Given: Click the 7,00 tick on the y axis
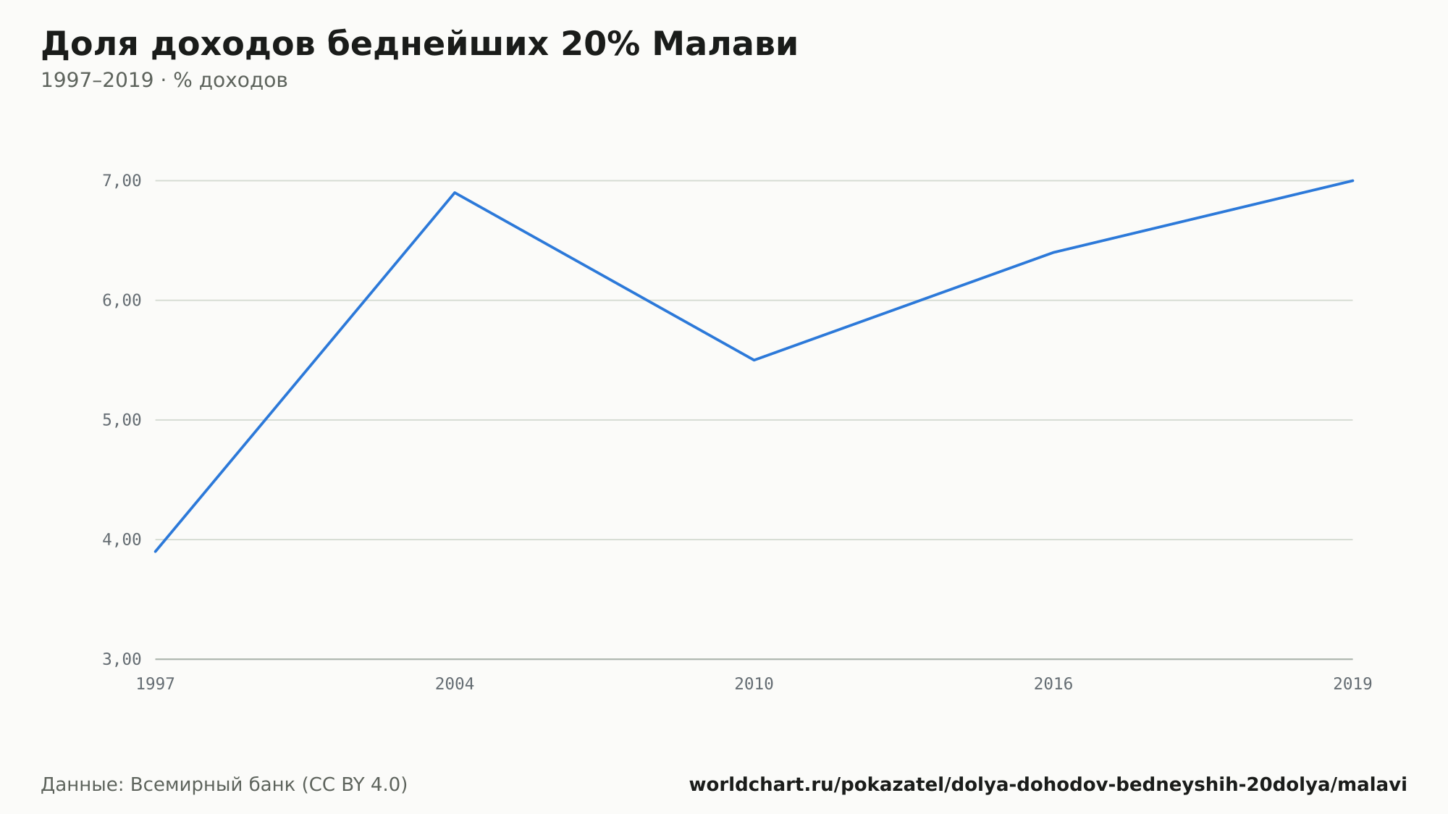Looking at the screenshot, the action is [x=122, y=181].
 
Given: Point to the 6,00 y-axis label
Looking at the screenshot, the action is [x=122, y=301].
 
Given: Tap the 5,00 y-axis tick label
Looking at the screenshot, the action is [x=122, y=420].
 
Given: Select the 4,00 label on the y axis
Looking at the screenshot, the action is [x=122, y=540].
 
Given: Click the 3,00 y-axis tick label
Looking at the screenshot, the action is [x=122, y=659].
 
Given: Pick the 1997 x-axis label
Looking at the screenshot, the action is [x=156, y=684].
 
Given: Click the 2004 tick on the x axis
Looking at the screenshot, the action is [x=455, y=684].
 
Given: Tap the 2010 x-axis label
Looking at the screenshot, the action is [x=754, y=684].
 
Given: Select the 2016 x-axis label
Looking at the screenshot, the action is [x=1053, y=684].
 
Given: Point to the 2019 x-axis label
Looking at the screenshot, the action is [x=1352, y=684].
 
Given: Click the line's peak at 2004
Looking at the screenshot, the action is [x=455, y=193].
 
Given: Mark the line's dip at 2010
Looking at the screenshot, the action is [x=754, y=360].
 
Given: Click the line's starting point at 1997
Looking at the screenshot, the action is [x=156, y=552].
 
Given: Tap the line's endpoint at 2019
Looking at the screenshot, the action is [x=1352, y=180].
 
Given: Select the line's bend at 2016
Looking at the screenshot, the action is [x=1053, y=252].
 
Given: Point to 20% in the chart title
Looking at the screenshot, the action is [x=600, y=44].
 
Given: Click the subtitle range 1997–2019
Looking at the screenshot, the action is [x=97, y=80].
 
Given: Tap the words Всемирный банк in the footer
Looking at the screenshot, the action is [x=212, y=785].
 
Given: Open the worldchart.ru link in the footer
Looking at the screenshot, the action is [x=1048, y=785].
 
